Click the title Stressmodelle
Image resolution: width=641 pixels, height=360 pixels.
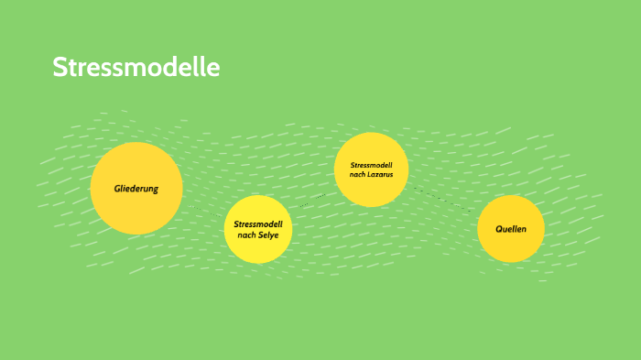click(136, 68)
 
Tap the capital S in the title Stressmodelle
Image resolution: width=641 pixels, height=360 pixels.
click(60, 68)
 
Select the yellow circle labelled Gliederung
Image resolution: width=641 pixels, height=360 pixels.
click(136, 188)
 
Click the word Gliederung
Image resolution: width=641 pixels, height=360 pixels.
click(136, 189)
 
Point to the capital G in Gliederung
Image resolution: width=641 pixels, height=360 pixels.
click(117, 189)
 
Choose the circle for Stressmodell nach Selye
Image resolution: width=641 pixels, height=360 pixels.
click(258, 229)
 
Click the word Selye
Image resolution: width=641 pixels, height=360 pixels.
click(268, 235)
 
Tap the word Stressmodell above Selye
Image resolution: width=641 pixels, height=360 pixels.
click(258, 224)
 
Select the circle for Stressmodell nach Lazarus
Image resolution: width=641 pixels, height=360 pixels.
click(371, 169)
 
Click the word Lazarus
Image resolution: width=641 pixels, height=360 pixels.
click(381, 174)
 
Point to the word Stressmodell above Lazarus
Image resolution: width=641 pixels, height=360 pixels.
click(371, 165)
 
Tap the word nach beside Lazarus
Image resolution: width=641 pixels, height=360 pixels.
click(358, 174)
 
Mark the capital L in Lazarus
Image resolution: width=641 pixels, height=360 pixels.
click(371, 174)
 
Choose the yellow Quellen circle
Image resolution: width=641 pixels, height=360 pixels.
click(511, 229)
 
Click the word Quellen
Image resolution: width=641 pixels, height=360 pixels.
click(511, 229)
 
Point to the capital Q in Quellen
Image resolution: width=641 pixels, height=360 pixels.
click(498, 229)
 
